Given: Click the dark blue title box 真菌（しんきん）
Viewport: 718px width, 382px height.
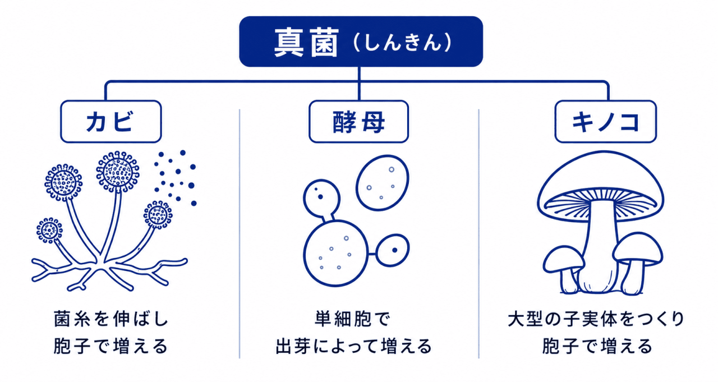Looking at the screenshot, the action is [x=361, y=42].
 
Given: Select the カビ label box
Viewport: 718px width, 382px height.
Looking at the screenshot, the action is [x=111, y=122].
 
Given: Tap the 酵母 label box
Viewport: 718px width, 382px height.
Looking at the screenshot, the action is [x=358, y=122].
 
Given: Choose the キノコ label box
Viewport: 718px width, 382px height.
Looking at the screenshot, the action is [x=605, y=122].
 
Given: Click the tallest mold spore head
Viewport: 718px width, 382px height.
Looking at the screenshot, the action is [x=118, y=172].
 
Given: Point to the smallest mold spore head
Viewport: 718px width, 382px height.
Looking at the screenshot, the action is [x=49, y=231].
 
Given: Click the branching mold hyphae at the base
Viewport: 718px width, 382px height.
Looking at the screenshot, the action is [x=109, y=274].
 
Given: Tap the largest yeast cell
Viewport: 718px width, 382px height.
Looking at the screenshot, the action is [x=335, y=253].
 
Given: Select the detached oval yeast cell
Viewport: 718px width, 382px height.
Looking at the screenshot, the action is [x=383, y=183].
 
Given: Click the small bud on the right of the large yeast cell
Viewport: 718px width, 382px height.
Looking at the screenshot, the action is [x=393, y=250].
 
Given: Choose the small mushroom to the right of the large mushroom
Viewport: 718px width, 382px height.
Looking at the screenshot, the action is [x=637, y=261].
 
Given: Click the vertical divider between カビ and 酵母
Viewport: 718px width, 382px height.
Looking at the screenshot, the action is [x=240, y=233].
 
